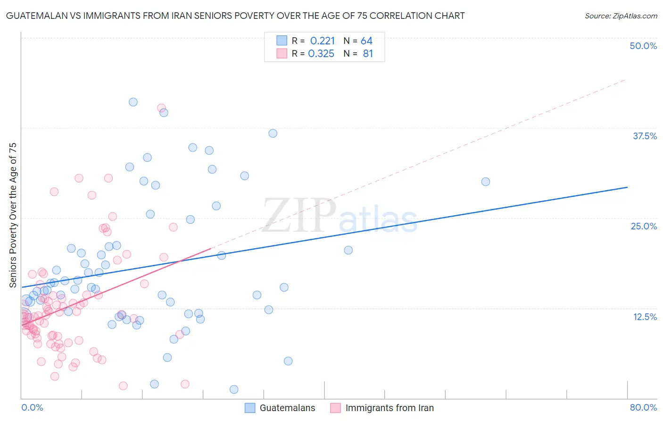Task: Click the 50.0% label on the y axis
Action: pyautogui.click(x=643, y=46)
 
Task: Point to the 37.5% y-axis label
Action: pyautogui.click(x=645, y=136)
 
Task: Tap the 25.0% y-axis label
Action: pyautogui.click(x=644, y=226)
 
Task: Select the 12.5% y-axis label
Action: pyautogui.click(x=645, y=317)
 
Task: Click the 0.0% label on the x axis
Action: pyautogui.click(x=32, y=407)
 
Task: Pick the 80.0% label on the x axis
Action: pyautogui.click(x=643, y=407)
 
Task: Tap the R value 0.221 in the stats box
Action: pyautogui.click(x=323, y=41)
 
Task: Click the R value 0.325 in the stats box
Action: pyautogui.click(x=321, y=54)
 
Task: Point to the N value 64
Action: pyautogui.click(x=366, y=41)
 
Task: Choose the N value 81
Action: pyautogui.click(x=368, y=54)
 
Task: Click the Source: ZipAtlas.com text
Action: pyautogui.click(x=621, y=16)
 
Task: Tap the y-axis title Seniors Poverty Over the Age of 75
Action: pyautogui.click(x=13, y=215)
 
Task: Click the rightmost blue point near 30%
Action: pyautogui.click(x=485, y=182)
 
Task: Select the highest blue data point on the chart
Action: pyautogui.click(x=133, y=102)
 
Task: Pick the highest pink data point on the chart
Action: pyautogui.click(x=161, y=108)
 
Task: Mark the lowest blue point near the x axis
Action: pyautogui.click(x=234, y=389)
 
